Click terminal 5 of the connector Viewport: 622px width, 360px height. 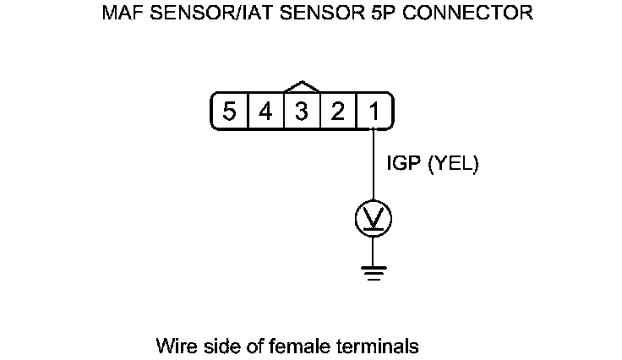[229, 112]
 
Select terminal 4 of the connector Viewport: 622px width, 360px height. [265, 112]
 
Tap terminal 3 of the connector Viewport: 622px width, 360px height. [302, 112]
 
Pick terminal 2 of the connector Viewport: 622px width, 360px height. [338, 112]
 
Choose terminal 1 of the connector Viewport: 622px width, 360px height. [373, 112]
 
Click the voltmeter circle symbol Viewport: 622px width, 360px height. [374, 219]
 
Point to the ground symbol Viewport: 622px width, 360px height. [374, 271]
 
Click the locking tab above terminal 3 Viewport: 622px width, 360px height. [302, 87]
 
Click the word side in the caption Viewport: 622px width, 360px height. [215, 346]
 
